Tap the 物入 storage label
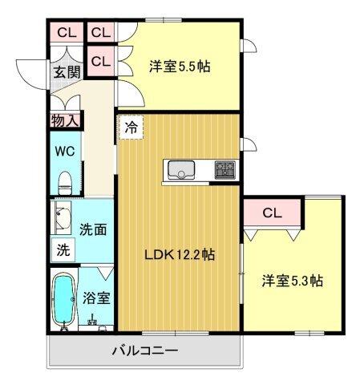64,121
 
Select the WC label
64,152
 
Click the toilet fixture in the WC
66,180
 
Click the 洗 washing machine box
63,249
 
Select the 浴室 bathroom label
96,297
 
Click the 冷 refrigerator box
131,127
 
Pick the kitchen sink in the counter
180,170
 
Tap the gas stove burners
224,170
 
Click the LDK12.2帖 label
179,255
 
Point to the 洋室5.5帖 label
180,67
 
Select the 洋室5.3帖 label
292,282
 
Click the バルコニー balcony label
144,351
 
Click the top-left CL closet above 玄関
66,33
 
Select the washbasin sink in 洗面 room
62,217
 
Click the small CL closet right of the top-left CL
100,33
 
